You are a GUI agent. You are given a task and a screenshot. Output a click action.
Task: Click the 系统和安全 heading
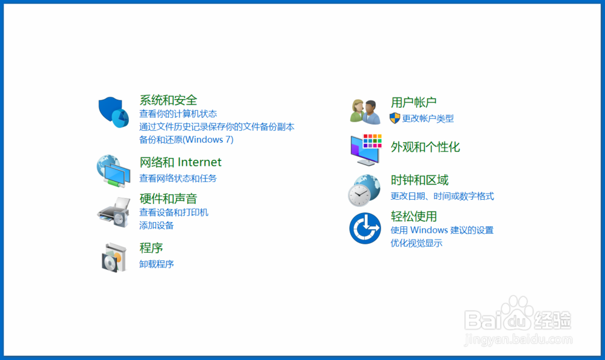(x=168, y=100)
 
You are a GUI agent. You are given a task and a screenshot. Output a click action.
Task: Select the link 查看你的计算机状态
(x=178, y=114)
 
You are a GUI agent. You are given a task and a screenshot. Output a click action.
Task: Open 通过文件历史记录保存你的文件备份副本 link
(x=217, y=127)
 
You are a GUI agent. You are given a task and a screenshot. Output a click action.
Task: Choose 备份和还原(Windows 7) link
(x=186, y=140)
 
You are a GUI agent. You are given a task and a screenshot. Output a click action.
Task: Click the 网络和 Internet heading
(x=180, y=162)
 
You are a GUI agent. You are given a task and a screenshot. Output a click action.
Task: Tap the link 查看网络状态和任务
(x=178, y=178)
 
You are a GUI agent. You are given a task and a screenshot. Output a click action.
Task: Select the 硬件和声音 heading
(x=168, y=198)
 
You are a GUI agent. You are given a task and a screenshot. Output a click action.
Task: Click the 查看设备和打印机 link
(x=174, y=212)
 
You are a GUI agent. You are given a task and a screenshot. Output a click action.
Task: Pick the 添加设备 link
(x=157, y=226)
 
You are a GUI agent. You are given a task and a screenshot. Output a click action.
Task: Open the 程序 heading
(x=151, y=248)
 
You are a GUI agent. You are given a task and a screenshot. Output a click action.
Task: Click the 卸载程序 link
(x=157, y=264)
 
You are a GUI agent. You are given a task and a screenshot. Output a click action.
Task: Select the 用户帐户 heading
(x=414, y=102)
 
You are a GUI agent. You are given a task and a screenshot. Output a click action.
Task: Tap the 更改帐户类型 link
(x=428, y=119)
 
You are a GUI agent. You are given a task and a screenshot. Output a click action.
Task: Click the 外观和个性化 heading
(x=425, y=147)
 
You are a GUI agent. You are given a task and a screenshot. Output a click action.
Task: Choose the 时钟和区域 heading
(x=419, y=180)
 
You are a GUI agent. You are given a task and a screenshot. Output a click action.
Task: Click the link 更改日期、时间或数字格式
(x=442, y=196)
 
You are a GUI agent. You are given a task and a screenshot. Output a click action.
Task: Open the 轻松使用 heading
(x=414, y=217)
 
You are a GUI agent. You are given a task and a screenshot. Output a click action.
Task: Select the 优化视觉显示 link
(x=416, y=243)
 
